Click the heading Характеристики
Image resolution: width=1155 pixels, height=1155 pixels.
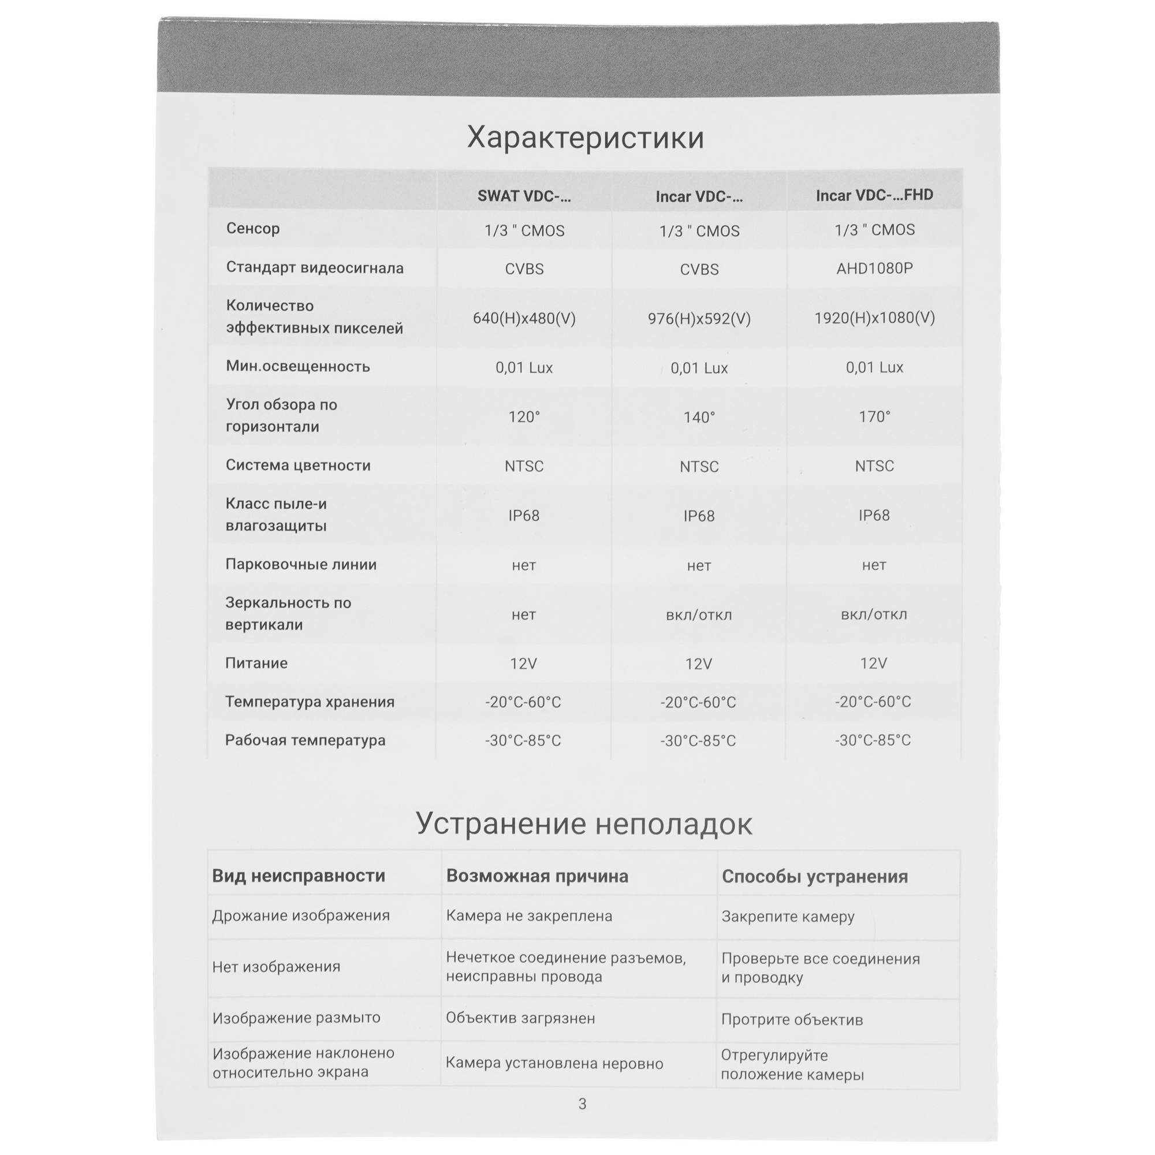coord(584,138)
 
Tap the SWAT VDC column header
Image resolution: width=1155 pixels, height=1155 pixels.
coord(524,197)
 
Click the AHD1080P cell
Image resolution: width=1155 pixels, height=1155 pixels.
coord(874,269)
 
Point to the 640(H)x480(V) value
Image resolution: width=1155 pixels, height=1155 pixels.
coord(524,318)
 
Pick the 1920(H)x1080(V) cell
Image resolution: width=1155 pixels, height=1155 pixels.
coord(874,318)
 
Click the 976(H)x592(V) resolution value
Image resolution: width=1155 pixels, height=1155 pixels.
coord(699,319)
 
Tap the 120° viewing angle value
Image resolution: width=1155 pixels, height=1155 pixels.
coord(524,417)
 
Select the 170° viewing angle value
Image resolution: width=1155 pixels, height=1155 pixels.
coord(874,417)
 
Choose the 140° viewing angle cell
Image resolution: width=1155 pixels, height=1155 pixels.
coord(699,418)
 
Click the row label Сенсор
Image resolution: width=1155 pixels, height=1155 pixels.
coord(253,228)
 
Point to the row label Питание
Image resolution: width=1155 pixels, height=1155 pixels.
coord(256,663)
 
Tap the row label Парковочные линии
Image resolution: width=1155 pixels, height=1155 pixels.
coord(301,564)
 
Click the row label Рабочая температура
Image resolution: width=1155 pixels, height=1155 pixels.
coord(305,740)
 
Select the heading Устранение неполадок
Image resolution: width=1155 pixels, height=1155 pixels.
coord(583,824)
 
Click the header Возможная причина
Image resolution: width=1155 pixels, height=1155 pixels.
coord(537,877)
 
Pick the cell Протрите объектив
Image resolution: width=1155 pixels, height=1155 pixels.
coord(792,1020)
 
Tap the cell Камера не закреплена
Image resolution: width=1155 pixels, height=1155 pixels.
coord(528,916)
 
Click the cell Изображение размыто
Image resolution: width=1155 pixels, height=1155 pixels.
coord(296,1018)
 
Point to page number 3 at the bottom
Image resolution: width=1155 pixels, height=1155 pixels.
coord(582,1104)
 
